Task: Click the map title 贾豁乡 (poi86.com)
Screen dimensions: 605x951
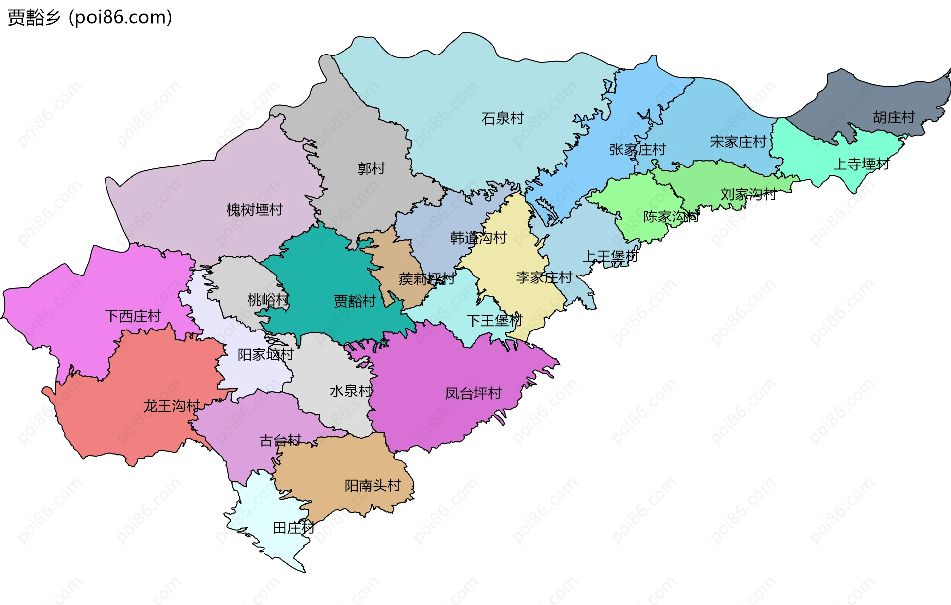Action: pos(90,17)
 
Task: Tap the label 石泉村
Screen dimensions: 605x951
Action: pos(502,118)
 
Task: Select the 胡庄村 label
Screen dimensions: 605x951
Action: pos(894,117)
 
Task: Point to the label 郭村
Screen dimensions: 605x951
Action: pos(371,168)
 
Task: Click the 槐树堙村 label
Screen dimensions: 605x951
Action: pos(254,210)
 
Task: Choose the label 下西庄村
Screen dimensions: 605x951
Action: pos(133,316)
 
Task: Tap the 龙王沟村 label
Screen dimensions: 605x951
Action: pos(171,406)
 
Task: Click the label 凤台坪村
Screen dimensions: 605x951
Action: pos(473,393)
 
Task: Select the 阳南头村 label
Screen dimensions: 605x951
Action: pos(372,485)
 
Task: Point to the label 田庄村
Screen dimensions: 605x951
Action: pos(294,528)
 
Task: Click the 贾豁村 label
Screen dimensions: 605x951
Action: pos(355,301)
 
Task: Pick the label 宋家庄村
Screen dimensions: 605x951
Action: pos(738,142)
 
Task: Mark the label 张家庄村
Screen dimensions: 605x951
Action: pos(637,149)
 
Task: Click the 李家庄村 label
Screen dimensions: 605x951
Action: pos(544,277)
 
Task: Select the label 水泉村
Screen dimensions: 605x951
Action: pos(351,391)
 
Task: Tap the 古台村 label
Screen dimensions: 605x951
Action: pos(280,440)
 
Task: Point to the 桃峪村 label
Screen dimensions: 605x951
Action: pos(268,300)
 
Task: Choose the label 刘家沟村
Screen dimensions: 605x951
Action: pos(748,194)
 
